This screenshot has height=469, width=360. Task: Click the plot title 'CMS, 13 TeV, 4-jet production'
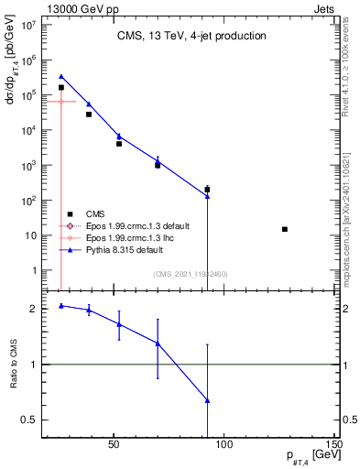click(191, 36)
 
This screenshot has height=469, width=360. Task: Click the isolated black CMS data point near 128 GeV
click(285, 229)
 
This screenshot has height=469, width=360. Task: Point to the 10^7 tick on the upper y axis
click(28, 25)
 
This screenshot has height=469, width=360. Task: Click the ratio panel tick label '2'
click(34, 309)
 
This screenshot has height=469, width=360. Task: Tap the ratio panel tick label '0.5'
click(30, 420)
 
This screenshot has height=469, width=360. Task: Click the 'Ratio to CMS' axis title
click(13, 365)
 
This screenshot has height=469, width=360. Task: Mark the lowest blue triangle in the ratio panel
click(208, 400)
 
